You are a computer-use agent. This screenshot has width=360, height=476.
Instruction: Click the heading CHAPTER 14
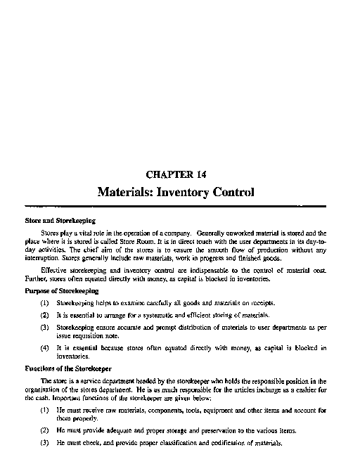point(176,174)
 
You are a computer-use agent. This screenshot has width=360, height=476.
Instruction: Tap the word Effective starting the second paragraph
point(57,270)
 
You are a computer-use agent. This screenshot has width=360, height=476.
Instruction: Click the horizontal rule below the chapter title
point(176,205)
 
